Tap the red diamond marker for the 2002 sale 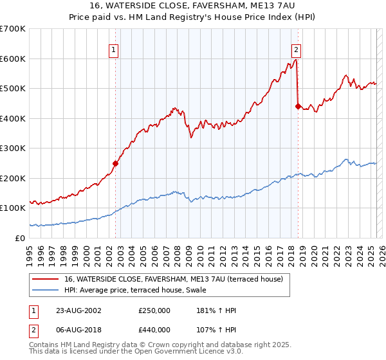click(116, 163)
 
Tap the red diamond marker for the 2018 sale click(298, 107)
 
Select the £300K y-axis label click(12, 148)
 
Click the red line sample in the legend click(46, 279)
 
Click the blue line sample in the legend click(46, 290)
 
